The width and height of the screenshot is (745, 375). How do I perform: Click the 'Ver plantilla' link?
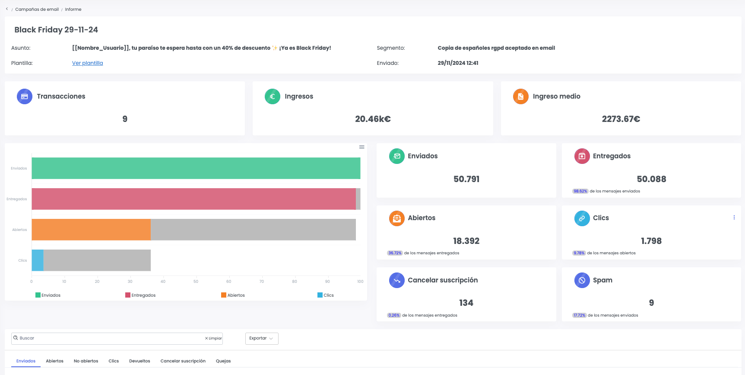pos(87,63)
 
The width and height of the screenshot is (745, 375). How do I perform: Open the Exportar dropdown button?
pos(262,338)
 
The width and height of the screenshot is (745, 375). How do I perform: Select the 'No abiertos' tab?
pos(86,361)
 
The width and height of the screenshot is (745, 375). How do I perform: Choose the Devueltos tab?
pos(139,361)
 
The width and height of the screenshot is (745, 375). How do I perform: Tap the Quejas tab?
pos(223,361)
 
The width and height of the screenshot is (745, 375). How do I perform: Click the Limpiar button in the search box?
pos(214,338)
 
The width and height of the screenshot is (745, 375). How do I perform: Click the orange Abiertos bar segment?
pos(91,230)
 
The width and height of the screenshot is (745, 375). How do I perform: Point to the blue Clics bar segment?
pos(38,260)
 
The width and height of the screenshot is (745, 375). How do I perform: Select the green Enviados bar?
pos(196,168)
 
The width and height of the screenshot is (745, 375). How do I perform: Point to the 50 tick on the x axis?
pos(196,282)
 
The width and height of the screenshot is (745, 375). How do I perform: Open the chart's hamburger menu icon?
pos(362,147)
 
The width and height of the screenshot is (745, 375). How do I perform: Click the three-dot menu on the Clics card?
pos(734,218)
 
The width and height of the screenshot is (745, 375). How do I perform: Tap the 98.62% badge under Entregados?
pos(580,191)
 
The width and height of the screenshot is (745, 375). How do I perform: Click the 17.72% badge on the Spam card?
pos(579,315)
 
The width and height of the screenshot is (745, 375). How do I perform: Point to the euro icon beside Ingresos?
pos(273,96)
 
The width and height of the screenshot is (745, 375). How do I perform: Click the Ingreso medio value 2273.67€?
pos(621,119)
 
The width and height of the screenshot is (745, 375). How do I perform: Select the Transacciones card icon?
pos(25,96)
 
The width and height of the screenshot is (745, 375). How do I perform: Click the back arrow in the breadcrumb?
pos(7,9)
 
